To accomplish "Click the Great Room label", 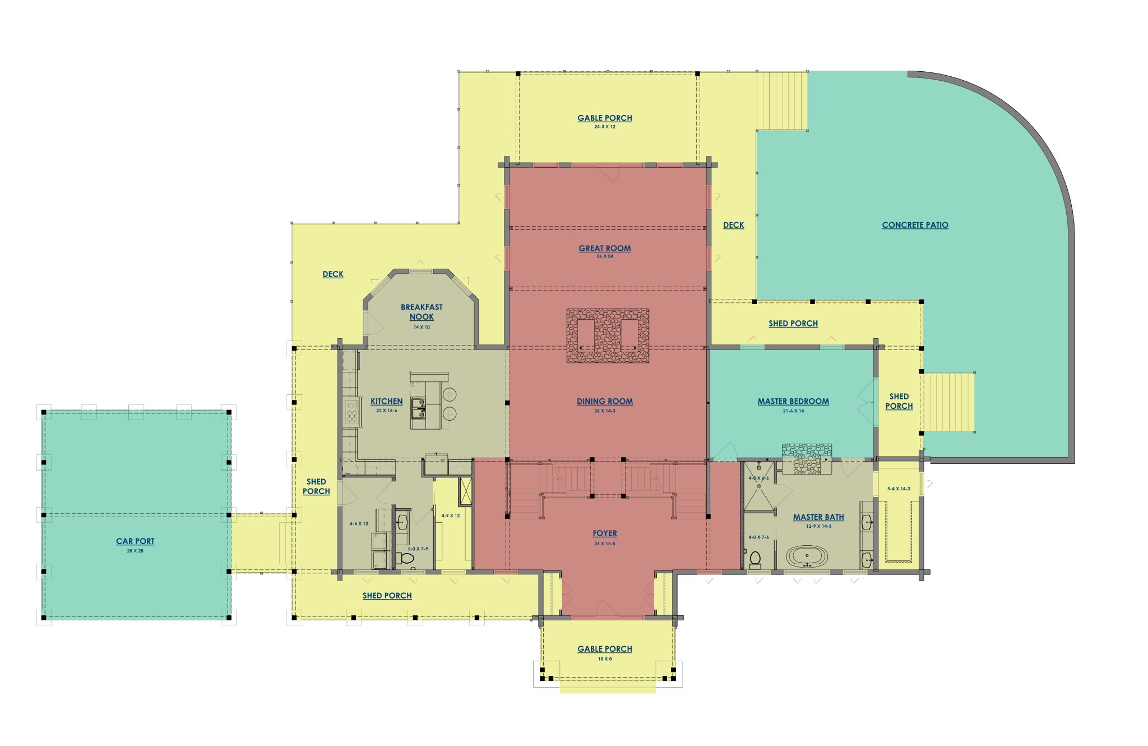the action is click(x=605, y=248).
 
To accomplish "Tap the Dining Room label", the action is click(x=605, y=401).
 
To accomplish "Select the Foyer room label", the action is click(x=605, y=533).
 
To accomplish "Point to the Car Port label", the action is click(x=135, y=541).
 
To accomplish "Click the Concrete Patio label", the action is click(x=915, y=225).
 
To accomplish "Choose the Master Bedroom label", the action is click(x=793, y=401).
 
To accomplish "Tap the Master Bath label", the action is click(x=818, y=517).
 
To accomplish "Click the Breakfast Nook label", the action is click(x=422, y=312).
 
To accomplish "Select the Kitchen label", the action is click(x=386, y=401).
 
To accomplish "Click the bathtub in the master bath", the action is click(x=807, y=557).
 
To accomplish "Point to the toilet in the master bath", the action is click(x=755, y=560).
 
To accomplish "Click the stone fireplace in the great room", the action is click(x=608, y=335).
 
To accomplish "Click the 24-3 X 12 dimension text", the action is click(x=605, y=127).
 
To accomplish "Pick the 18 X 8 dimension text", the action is click(x=605, y=659).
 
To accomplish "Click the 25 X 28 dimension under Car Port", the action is click(x=135, y=551).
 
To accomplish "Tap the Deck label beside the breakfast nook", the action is click(x=333, y=274).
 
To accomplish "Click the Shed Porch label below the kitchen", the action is click(x=387, y=596).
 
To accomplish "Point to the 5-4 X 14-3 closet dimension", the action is click(x=899, y=489).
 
